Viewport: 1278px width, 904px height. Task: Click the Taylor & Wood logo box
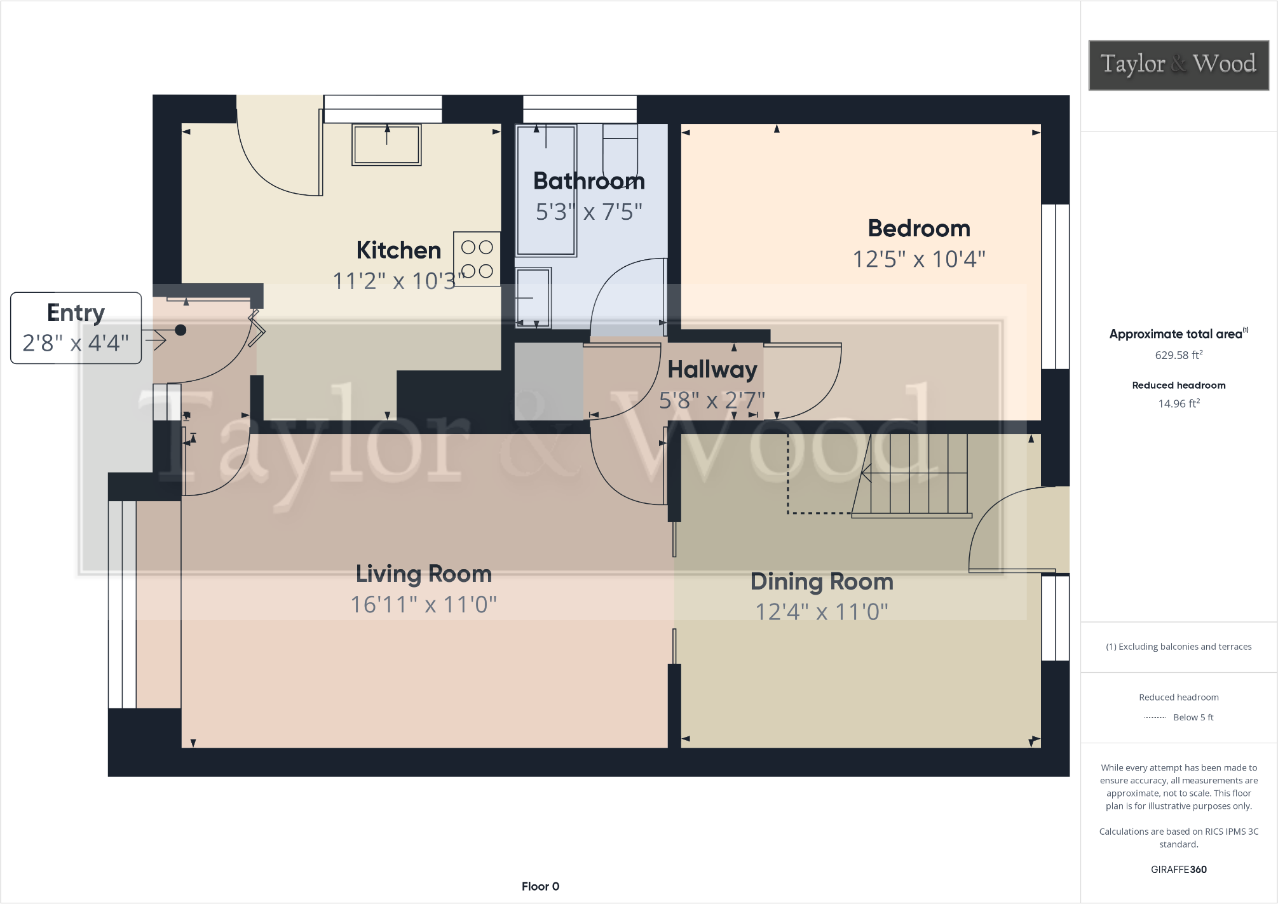(1178, 65)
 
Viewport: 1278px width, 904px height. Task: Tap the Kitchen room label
(398, 250)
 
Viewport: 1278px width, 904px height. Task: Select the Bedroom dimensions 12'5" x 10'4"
(918, 259)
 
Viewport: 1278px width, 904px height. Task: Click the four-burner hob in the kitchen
(477, 259)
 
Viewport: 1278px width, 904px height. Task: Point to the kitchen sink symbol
(386, 145)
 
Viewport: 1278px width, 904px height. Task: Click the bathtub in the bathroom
(546, 191)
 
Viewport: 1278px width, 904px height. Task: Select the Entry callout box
(76, 328)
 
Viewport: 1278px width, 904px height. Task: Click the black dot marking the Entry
(180, 330)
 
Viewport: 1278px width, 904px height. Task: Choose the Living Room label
(423, 574)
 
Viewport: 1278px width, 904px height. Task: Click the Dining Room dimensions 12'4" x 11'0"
(821, 612)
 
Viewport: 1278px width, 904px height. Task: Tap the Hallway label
(712, 370)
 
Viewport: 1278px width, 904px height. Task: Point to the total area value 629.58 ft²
(1178, 355)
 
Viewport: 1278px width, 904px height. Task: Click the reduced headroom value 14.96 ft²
(1178, 403)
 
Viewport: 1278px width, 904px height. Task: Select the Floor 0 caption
(540, 886)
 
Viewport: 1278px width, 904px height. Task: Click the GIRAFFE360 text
(1178, 869)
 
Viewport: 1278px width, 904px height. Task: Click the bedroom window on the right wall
(1055, 286)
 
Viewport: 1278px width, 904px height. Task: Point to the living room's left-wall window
(122, 604)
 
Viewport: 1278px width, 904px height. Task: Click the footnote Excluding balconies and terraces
(1178, 647)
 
